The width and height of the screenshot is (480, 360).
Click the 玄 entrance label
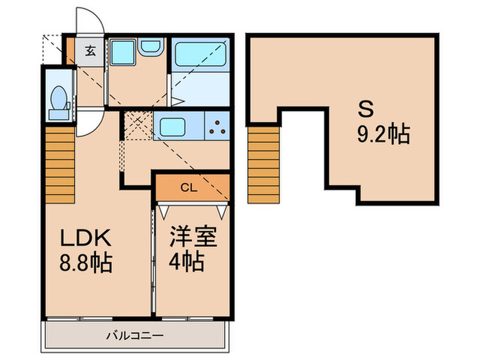coord(90,51)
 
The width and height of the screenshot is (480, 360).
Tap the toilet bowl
coord(59,97)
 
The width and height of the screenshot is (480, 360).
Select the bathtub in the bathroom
coord(201,55)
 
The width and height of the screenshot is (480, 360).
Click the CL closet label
coord(189,188)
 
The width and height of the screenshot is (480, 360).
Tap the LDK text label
coord(86,238)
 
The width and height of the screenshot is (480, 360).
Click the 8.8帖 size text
coord(86,263)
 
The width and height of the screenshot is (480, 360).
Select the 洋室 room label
coord(193,237)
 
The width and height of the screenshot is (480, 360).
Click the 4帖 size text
coord(187,261)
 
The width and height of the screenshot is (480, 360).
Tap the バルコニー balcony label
coord(134,336)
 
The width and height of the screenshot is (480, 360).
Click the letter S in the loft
coord(366,110)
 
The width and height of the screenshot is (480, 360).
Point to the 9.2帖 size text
coord(384,134)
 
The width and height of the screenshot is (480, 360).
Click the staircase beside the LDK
coord(60,165)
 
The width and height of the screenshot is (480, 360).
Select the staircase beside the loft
coord(263,165)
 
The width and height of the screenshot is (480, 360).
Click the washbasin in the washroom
coord(149,47)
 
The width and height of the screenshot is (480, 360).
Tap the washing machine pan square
coord(123,52)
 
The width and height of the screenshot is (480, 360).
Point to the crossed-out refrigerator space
coord(139,125)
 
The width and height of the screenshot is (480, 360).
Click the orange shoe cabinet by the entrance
coord(71,51)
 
